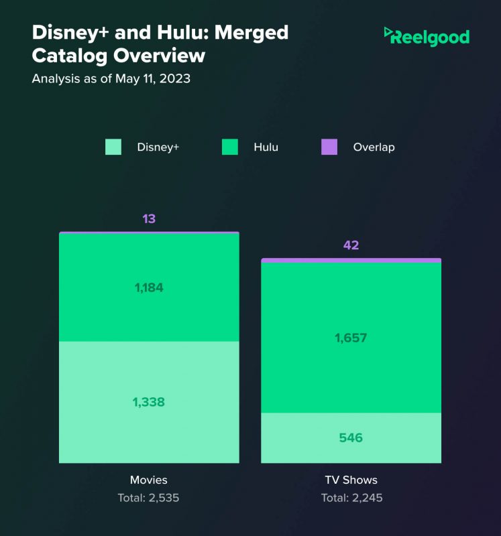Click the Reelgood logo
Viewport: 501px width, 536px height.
click(x=427, y=36)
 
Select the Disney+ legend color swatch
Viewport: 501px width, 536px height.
click(x=113, y=147)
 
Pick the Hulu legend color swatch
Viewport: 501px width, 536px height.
click(x=230, y=147)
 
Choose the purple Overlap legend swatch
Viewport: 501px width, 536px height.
click(x=329, y=147)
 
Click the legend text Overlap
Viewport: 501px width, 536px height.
click(x=374, y=147)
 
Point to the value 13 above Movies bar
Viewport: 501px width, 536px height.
click(x=149, y=219)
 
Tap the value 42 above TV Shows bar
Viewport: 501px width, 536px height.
click(x=351, y=245)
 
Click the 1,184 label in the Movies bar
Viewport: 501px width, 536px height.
click(x=149, y=287)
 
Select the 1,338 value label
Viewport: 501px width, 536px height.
click(x=149, y=402)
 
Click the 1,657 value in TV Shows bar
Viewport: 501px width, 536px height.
click(x=351, y=338)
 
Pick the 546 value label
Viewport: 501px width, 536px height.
click(x=351, y=438)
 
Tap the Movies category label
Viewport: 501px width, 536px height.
click(x=149, y=480)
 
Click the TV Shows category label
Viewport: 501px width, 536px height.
click(x=351, y=480)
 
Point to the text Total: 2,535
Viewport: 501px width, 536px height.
click(x=149, y=498)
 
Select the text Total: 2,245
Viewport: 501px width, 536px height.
click(x=351, y=498)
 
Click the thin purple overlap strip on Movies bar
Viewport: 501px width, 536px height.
click(x=149, y=232)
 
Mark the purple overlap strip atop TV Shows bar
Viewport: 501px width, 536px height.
click(x=351, y=260)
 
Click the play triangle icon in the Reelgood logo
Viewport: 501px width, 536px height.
click(x=388, y=31)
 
